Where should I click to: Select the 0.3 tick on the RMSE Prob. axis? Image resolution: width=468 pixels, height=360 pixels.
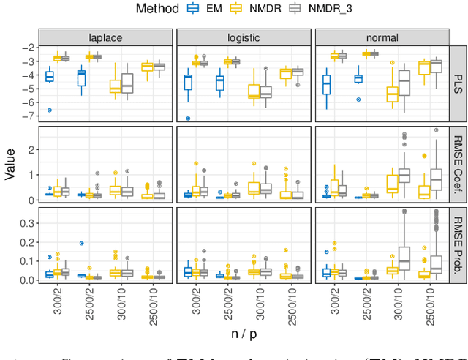click(x=25, y=222)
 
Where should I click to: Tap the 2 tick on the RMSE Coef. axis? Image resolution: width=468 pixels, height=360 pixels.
click(x=31, y=149)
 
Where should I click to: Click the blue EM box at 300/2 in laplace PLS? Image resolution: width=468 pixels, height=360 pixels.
click(x=49, y=76)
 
